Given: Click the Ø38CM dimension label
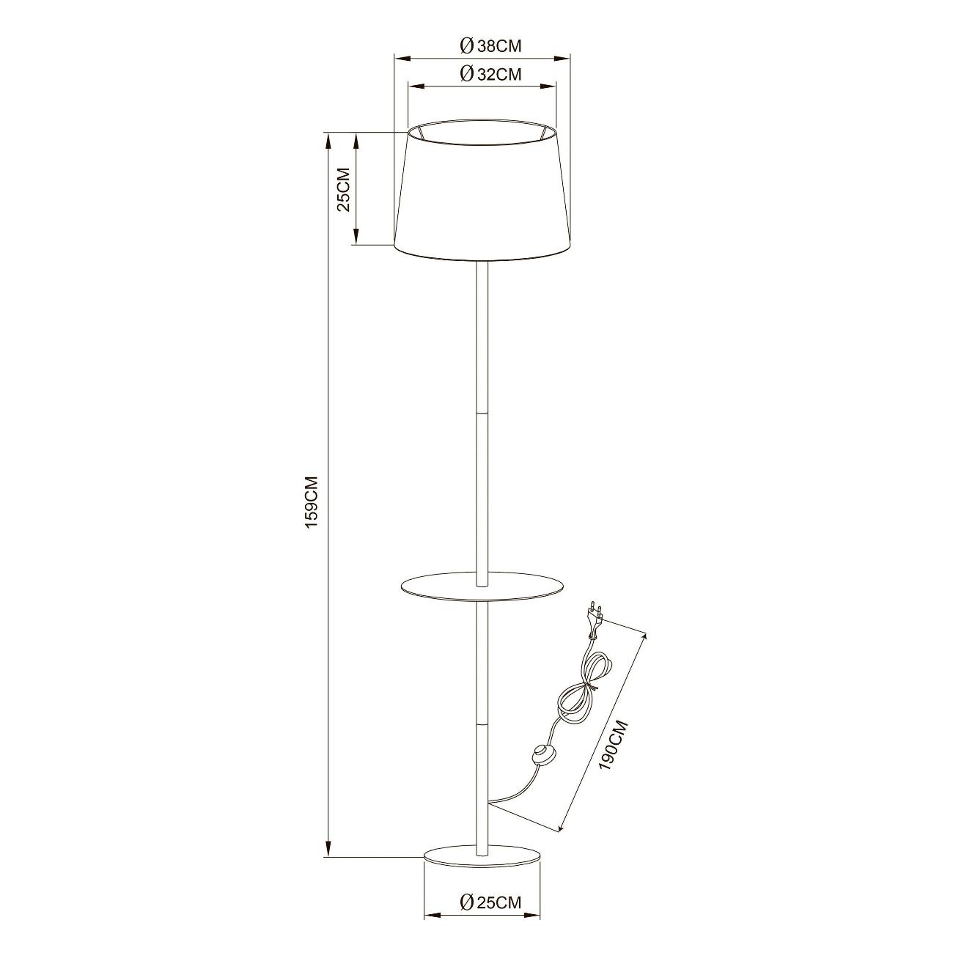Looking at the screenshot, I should [490, 45].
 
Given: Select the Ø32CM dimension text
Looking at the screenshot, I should [490, 73].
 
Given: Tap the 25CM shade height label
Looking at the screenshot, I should [342, 188].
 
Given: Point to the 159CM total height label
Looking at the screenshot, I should [312, 501].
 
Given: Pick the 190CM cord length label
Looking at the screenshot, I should [613, 743].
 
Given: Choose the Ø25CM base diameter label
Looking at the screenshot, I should [490, 902].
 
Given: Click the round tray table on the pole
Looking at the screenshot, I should [483, 586].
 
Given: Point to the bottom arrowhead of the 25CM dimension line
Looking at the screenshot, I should [356, 240].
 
